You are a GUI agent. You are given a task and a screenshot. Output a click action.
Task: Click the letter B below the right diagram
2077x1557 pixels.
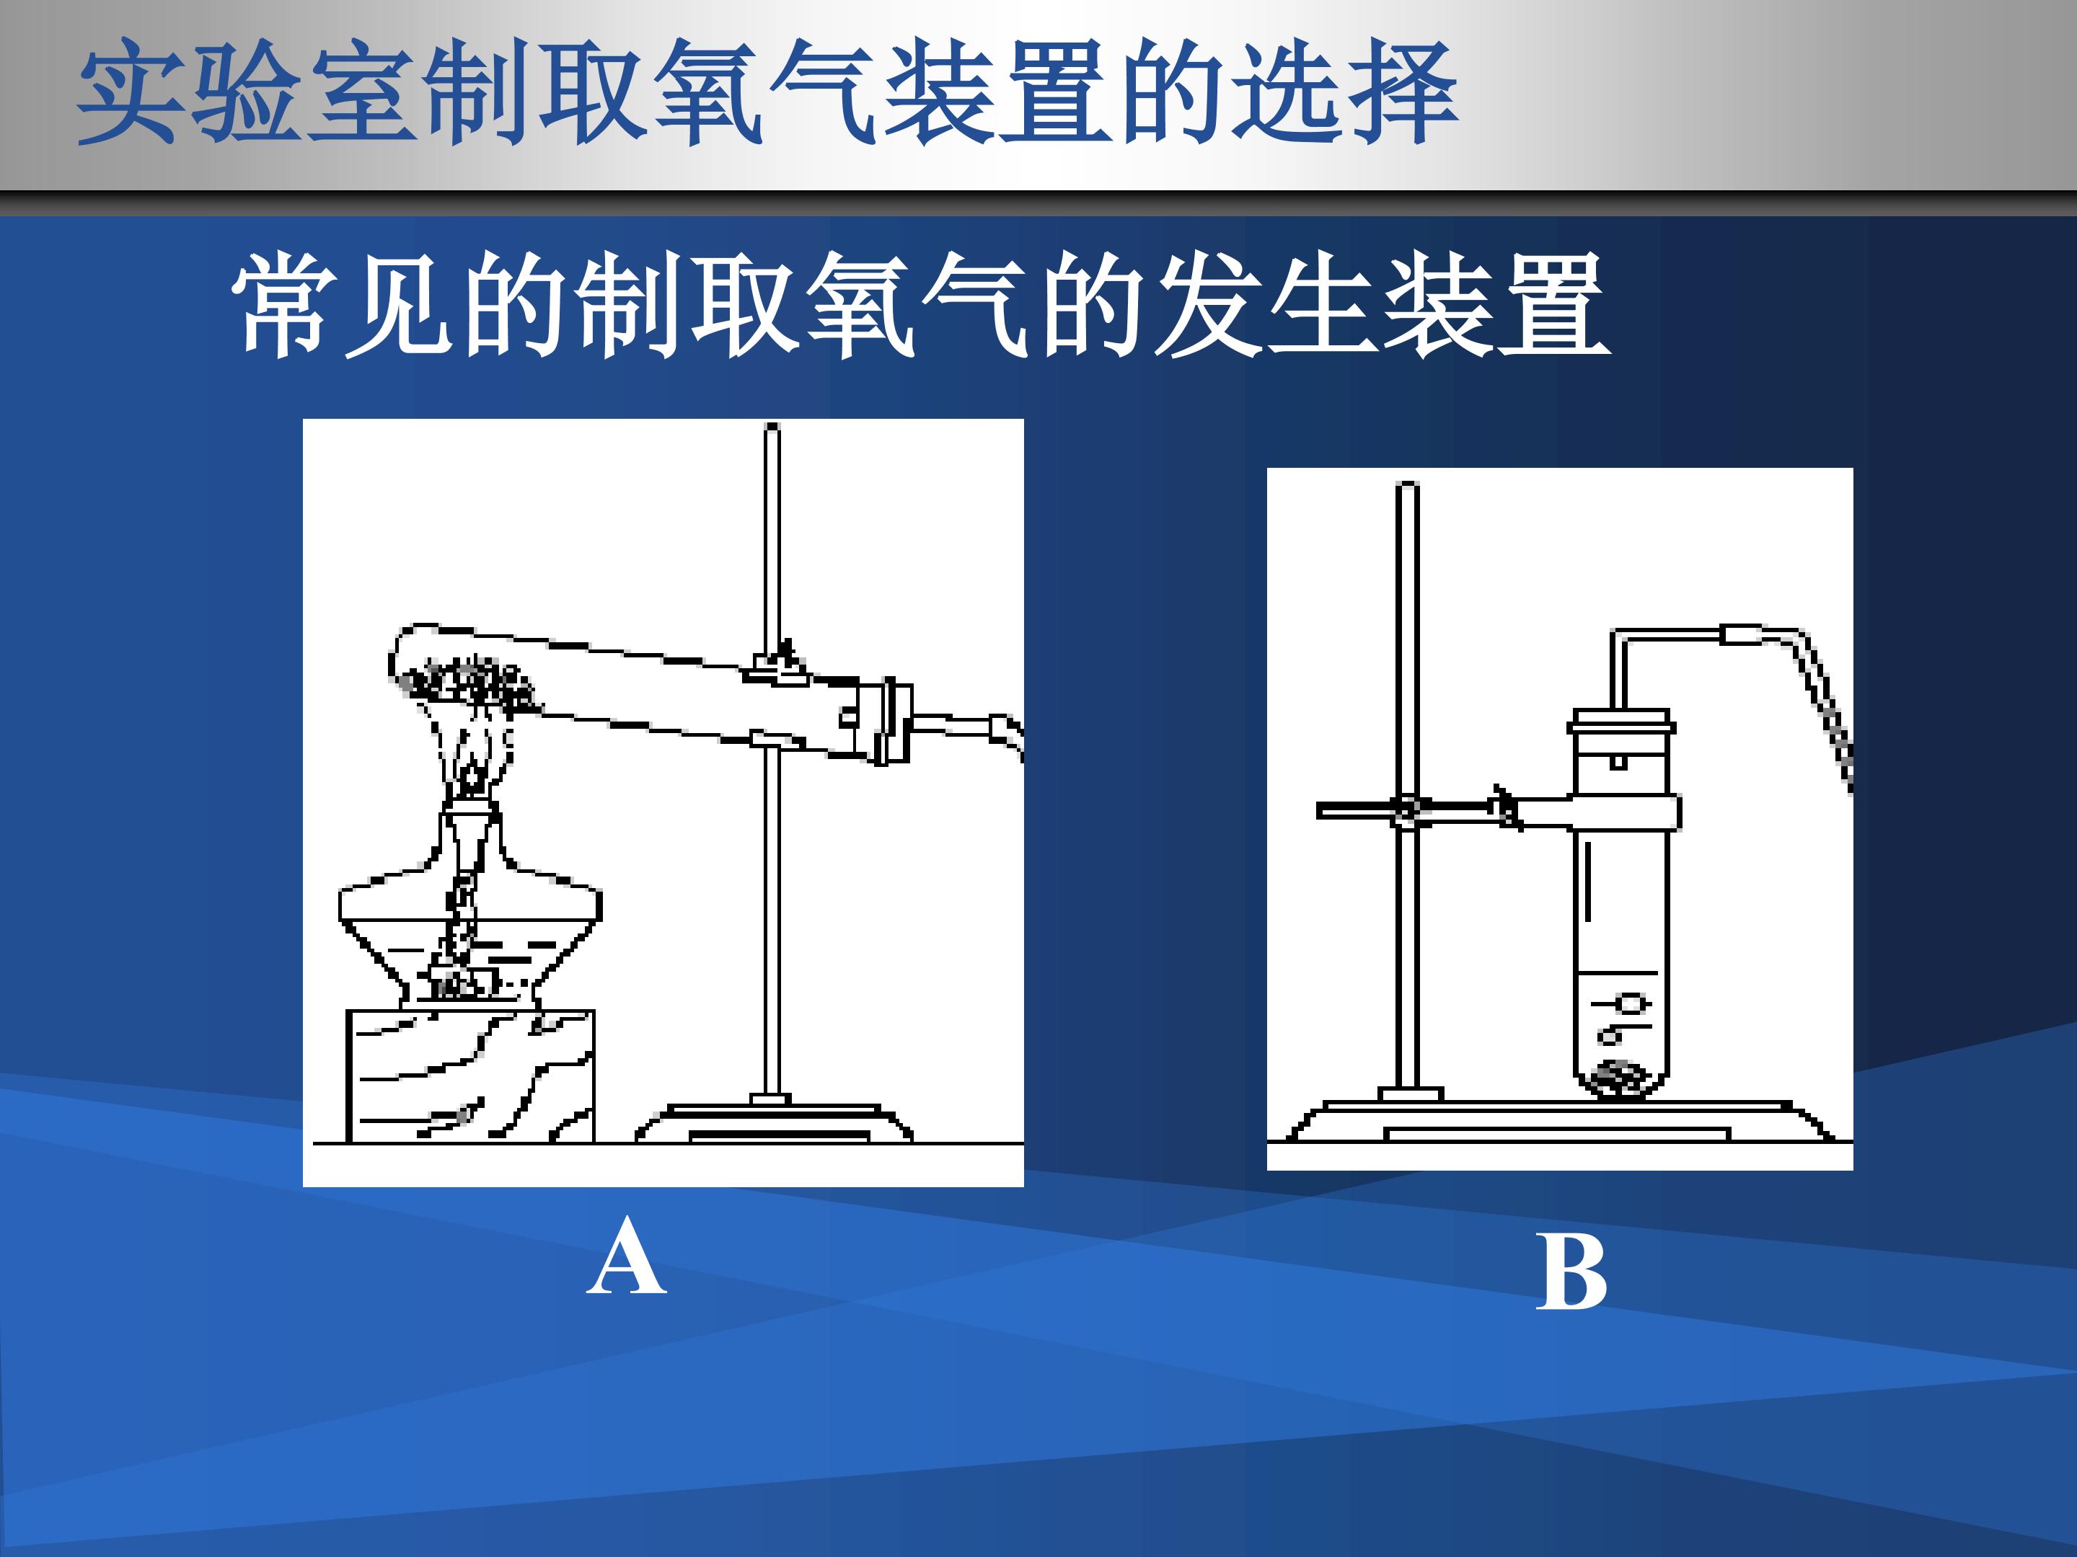[x=1571, y=1272]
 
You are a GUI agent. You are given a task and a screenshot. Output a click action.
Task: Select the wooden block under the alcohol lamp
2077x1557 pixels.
[x=470, y=1075]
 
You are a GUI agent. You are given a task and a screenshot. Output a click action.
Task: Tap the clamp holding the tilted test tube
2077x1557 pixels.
[x=775, y=668]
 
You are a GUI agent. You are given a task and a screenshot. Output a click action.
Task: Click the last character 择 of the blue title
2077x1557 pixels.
[x=1403, y=92]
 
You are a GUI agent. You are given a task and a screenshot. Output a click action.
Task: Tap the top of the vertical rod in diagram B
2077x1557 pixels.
[x=1408, y=485]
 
